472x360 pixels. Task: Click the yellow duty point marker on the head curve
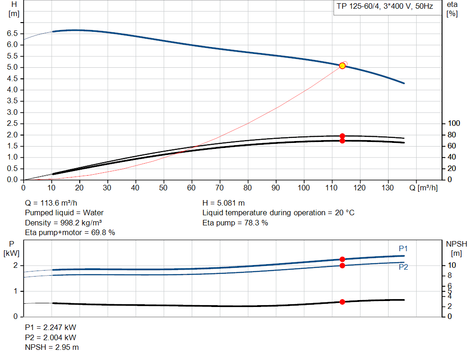(342, 66)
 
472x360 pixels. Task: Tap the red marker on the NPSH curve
(342, 302)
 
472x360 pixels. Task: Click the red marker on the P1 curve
(342, 260)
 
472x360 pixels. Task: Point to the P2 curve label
(403, 267)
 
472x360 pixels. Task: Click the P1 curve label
(403, 249)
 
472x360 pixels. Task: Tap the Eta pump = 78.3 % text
(235, 223)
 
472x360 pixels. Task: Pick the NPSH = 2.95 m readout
(52, 347)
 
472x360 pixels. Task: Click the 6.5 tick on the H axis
(12, 34)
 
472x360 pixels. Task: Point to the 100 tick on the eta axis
(454, 124)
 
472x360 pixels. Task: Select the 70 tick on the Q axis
(220, 188)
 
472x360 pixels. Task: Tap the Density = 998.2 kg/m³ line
(63, 223)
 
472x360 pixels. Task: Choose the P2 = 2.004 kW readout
(50, 337)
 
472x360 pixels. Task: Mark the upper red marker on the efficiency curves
(342, 136)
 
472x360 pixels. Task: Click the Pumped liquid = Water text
(64, 213)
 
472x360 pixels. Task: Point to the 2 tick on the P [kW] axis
(15, 266)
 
